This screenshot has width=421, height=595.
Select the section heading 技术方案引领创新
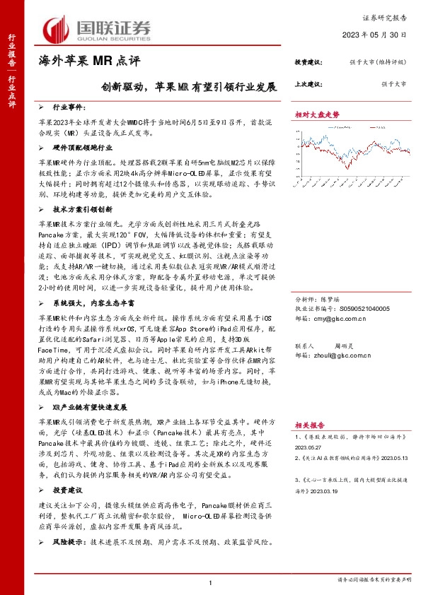pos(83,209)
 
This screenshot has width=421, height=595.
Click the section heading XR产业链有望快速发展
pos(90,408)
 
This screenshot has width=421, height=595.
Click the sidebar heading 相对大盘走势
pos(317,114)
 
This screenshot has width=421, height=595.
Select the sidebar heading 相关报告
pos(310,426)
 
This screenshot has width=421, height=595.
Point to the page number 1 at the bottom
pos(210,582)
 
